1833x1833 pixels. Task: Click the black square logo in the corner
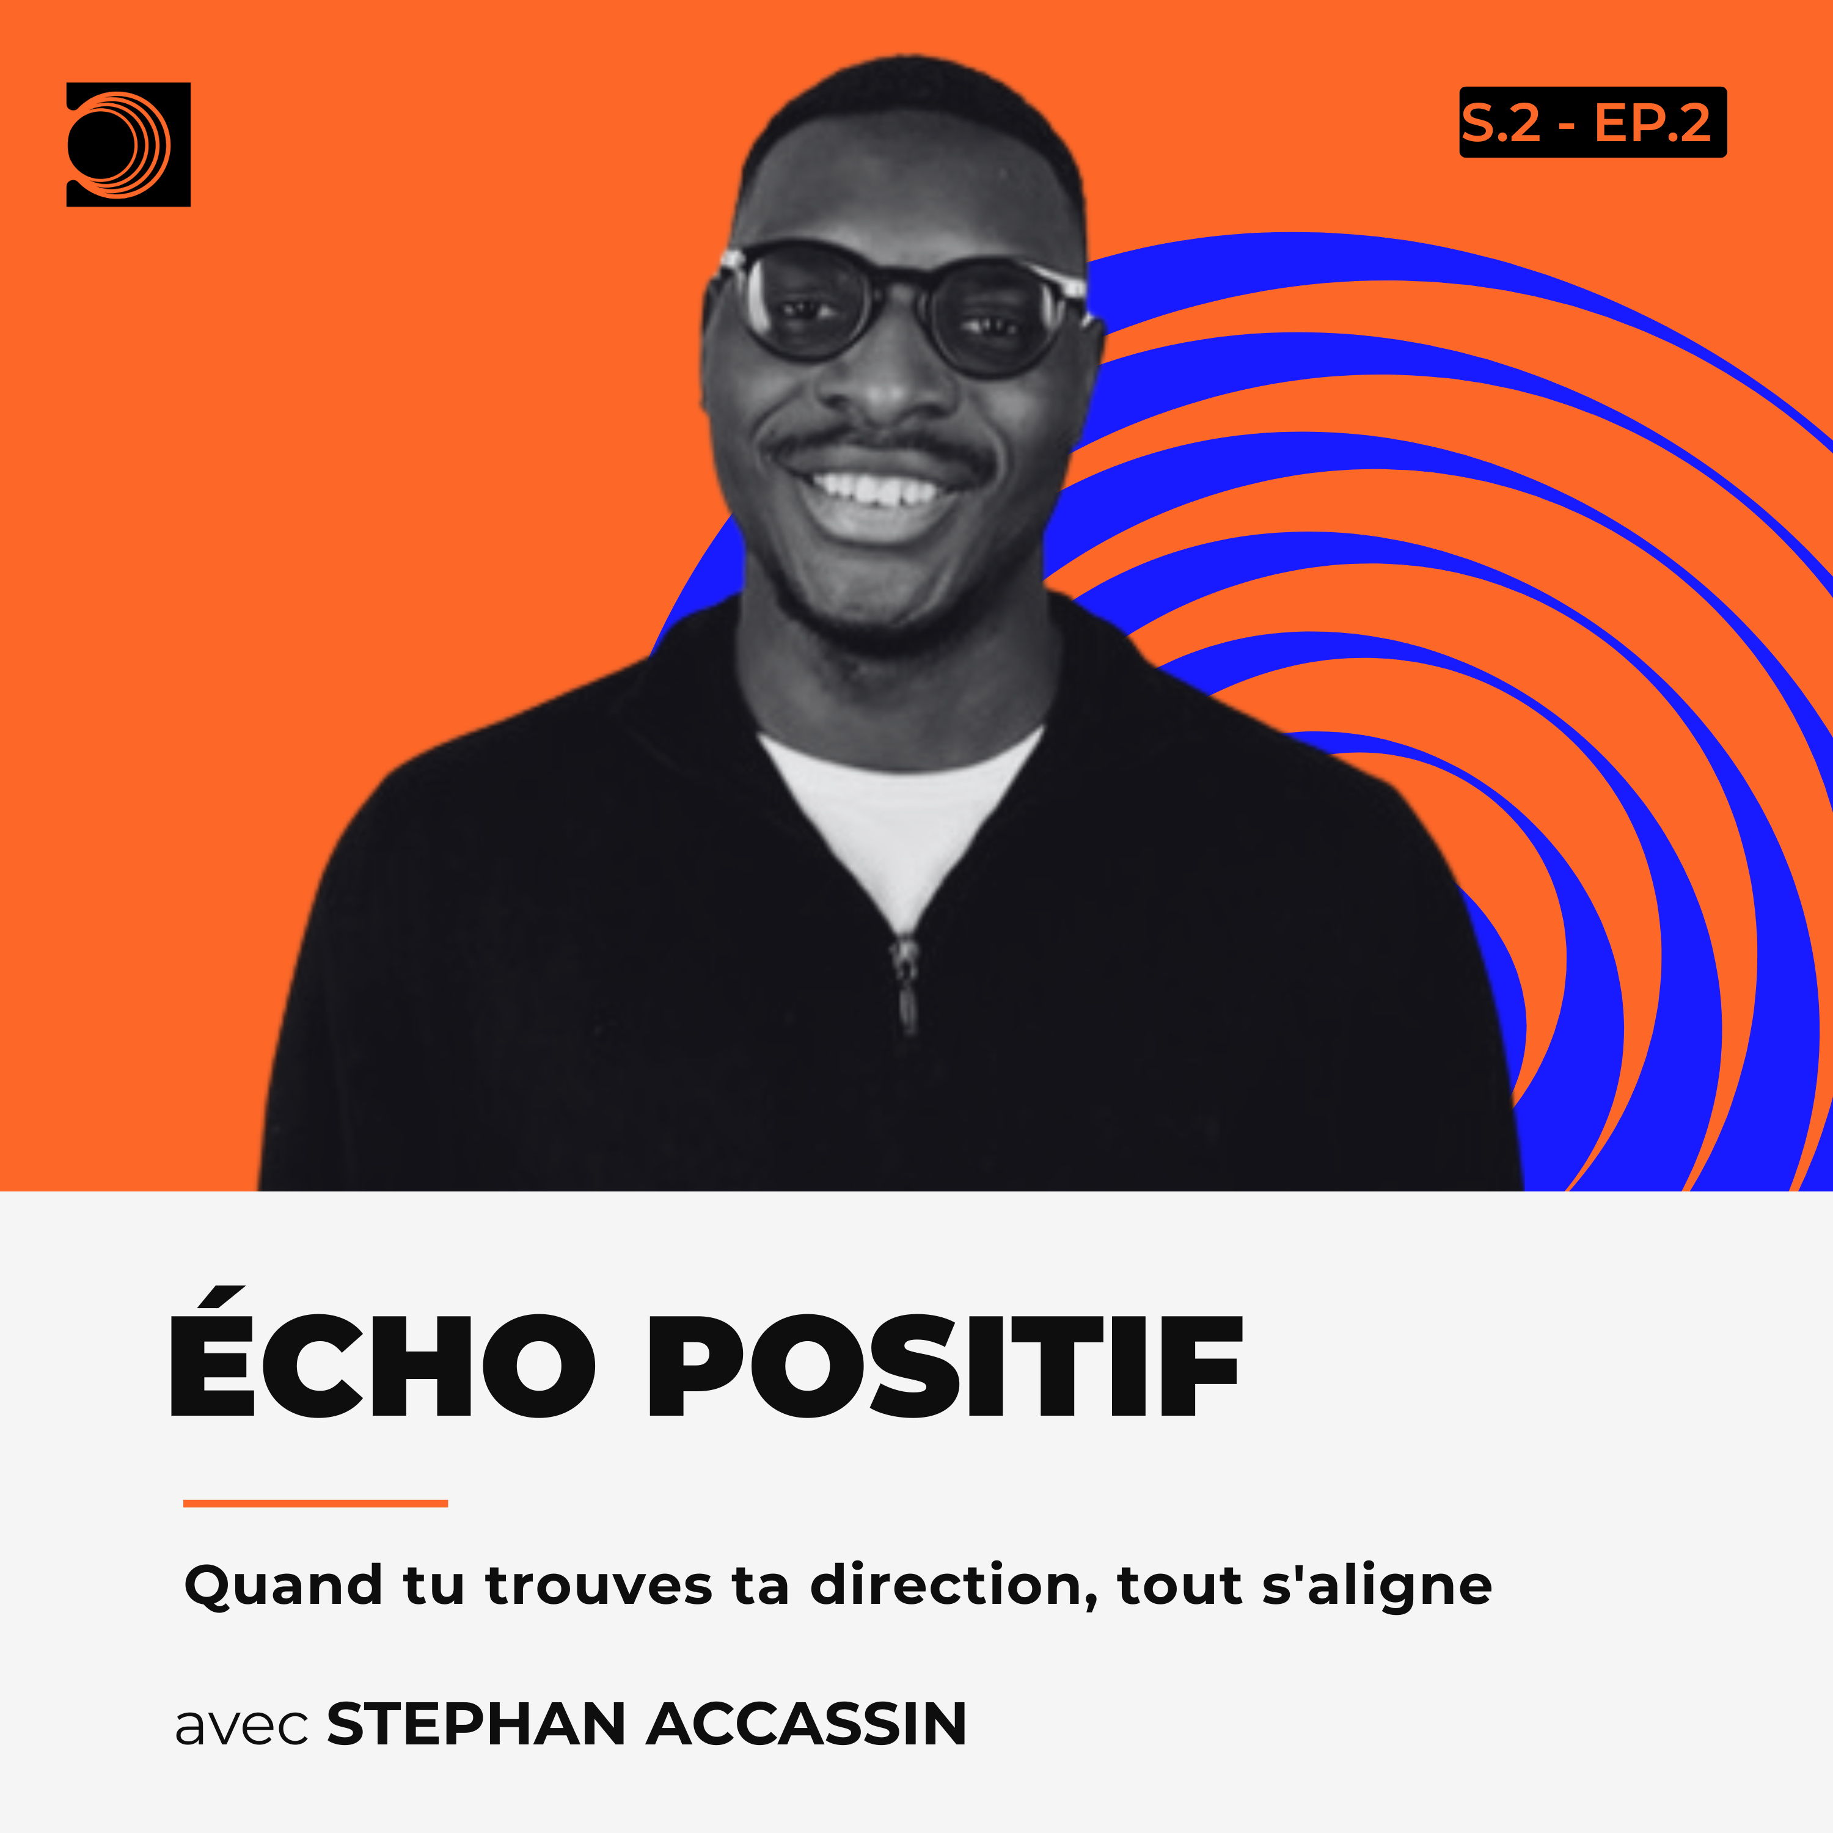point(128,144)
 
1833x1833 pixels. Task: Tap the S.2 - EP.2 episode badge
point(1592,122)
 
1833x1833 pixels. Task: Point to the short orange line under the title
point(315,1503)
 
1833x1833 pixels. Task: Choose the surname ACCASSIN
point(807,1723)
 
